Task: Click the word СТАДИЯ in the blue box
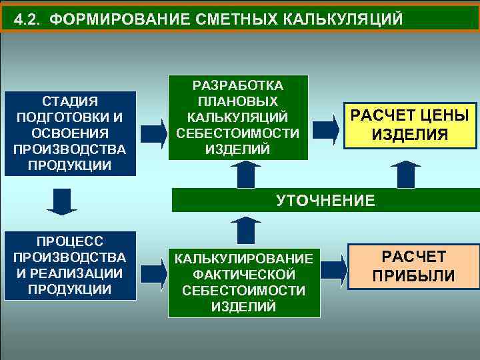[x=70, y=102]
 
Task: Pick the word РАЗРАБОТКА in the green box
[x=238, y=86]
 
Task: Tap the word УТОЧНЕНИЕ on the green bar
[x=326, y=200]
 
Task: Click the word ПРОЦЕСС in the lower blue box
[x=70, y=241]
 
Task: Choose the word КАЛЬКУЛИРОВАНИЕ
[x=243, y=259]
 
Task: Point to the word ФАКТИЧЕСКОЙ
[x=243, y=275]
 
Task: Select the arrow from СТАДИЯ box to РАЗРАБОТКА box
[x=153, y=132]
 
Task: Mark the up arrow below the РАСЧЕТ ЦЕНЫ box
[x=406, y=175]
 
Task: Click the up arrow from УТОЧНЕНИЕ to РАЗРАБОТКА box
[x=246, y=175]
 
